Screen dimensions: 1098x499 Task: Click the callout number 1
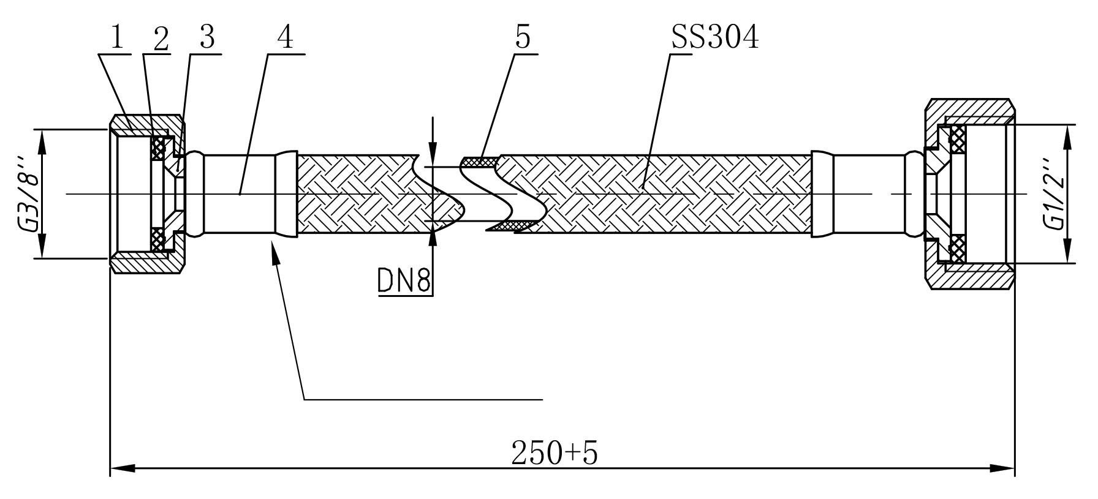[117, 38]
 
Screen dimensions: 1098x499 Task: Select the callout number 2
[161, 40]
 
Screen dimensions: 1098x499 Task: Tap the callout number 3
[207, 38]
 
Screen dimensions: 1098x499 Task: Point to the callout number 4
[285, 38]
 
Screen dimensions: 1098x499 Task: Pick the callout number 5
[523, 38]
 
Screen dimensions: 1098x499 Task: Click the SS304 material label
[715, 38]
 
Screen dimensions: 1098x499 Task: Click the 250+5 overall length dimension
[555, 453]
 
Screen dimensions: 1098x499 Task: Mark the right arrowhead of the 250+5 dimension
[1002, 468]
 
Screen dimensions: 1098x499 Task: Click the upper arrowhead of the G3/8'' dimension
[42, 141]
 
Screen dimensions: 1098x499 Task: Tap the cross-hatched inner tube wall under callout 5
[480, 162]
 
